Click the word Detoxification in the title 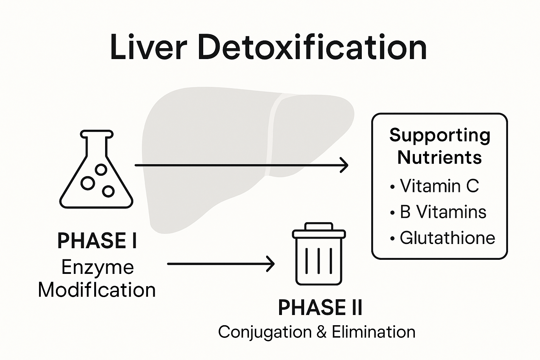[312, 47]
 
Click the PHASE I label [97, 241]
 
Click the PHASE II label [320, 308]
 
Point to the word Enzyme [97, 267]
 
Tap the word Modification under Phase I [97, 290]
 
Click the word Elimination [373, 332]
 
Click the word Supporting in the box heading [439, 135]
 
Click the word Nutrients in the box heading [439, 157]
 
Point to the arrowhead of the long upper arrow [345, 165]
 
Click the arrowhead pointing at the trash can [271, 264]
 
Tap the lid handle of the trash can [319, 226]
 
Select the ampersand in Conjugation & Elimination [321, 332]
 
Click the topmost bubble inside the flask [101, 170]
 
